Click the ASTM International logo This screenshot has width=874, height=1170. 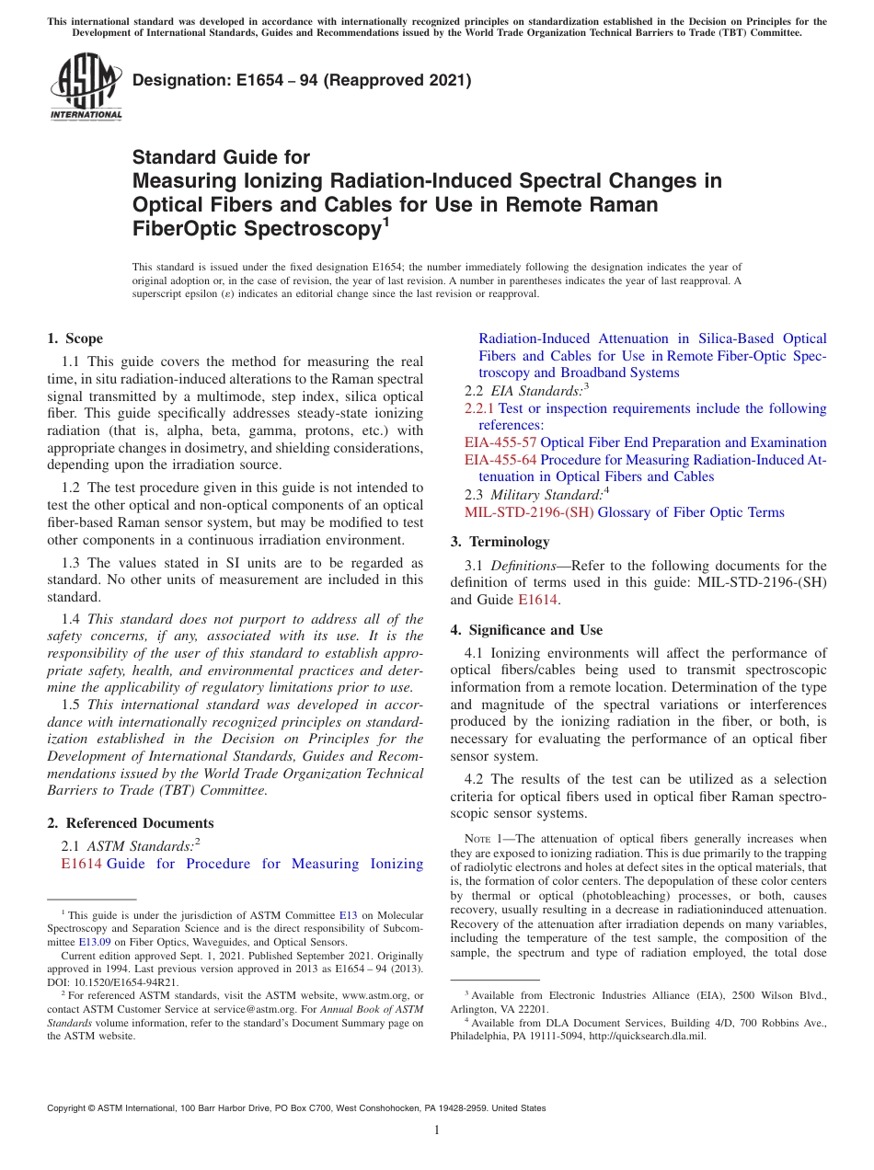tap(86, 86)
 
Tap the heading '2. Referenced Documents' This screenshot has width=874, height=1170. tap(130, 823)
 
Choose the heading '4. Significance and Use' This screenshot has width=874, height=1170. tap(526, 630)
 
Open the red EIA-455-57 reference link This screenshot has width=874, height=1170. tap(500, 442)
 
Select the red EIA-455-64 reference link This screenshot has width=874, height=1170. tap(500, 459)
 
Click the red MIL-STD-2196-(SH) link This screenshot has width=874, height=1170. tap(528, 512)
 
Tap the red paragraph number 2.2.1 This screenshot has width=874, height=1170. tap(477, 407)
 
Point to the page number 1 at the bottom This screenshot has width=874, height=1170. tap(437, 1130)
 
